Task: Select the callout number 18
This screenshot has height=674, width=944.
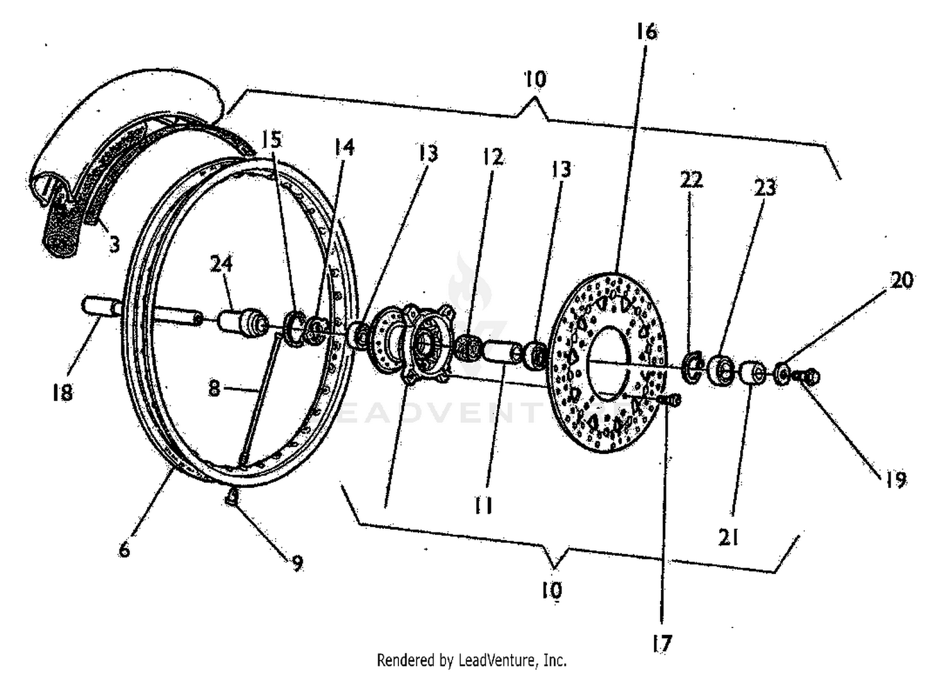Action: [x=62, y=392]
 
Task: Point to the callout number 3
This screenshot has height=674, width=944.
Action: [x=114, y=243]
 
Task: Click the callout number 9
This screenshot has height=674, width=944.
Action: [x=296, y=563]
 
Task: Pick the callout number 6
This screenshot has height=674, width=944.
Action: [x=124, y=550]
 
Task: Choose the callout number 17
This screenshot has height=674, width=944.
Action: [x=662, y=643]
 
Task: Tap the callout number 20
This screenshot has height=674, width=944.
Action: [x=902, y=280]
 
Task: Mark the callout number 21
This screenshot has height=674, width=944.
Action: [x=728, y=537]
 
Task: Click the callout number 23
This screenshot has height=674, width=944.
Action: [x=765, y=187]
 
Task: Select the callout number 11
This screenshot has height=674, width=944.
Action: [x=483, y=505]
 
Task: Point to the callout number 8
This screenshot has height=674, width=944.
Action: [x=214, y=389]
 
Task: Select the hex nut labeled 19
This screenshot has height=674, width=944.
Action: [x=811, y=377]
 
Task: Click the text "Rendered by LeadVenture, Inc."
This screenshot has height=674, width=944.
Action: [x=471, y=660]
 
